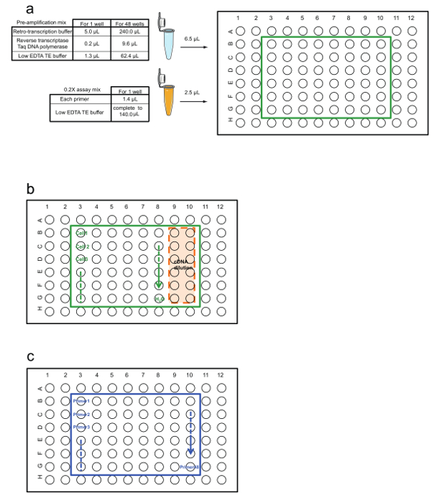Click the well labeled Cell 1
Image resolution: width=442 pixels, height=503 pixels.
coord(80,233)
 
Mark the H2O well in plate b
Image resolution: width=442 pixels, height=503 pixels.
coord(159,297)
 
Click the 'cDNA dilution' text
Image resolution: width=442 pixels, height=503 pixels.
coord(181,264)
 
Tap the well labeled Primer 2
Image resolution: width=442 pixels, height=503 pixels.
coord(80,415)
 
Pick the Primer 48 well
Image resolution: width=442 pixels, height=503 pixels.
coord(190,466)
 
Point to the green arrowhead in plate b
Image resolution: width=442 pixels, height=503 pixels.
coord(159,282)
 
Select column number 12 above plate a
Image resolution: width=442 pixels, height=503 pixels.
coord(410,16)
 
